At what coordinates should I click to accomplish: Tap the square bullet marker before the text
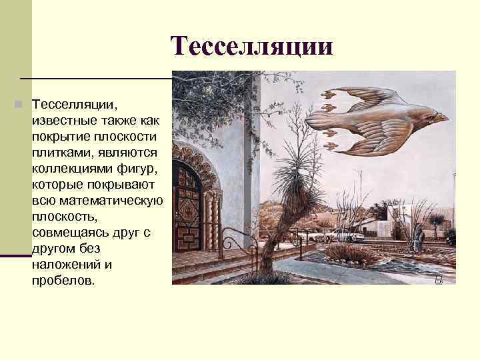[x=21, y=105]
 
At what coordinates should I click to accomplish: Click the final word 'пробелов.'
[x=63, y=280]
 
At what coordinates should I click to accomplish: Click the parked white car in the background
[x=347, y=235]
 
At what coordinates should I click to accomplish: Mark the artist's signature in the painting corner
[x=439, y=278]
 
